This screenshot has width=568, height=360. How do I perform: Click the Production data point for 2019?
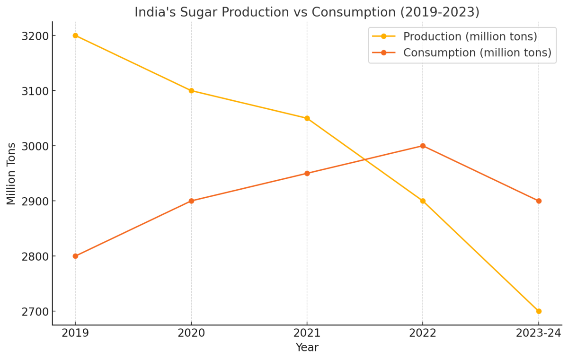tap(75, 35)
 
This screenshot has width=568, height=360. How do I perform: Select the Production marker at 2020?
tap(191, 90)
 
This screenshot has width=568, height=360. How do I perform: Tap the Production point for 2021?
tap(307, 118)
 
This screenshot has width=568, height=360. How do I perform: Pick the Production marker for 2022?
tap(423, 201)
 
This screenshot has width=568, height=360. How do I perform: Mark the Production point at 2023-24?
tap(539, 311)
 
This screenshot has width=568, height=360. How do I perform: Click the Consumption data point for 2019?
tap(75, 256)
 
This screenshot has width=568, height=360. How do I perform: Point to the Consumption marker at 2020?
tap(191, 201)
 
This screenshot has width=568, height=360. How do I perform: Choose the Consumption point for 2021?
tap(307, 173)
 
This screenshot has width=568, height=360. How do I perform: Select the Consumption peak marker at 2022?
tap(423, 146)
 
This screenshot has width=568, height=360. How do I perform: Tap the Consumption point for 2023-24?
tap(539, 201)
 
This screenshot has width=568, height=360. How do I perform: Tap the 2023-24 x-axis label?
tap(539, 333)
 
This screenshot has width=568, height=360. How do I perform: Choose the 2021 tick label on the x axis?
tap(307, 333)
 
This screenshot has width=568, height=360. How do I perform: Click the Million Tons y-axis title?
tap(11, 174)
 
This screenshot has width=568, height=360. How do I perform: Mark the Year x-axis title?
tap(307, 348)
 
